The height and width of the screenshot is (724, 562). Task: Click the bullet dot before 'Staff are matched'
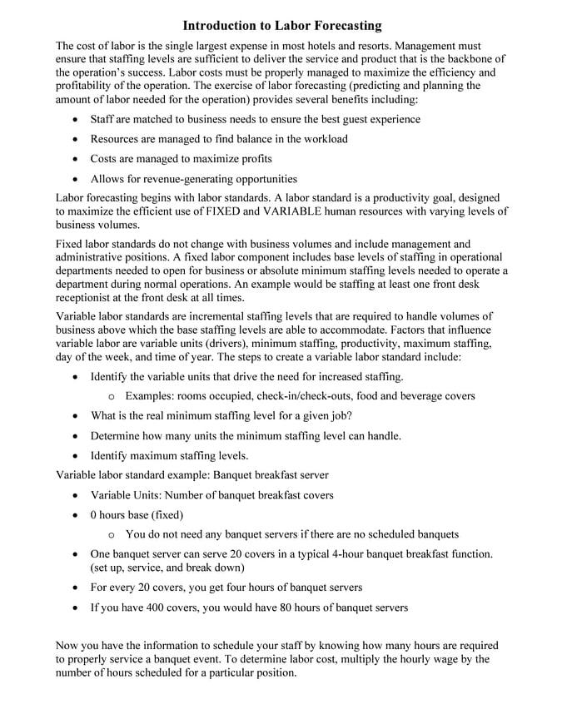click(x=76, y=120)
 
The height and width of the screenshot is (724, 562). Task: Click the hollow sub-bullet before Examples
click(x=112, y=397)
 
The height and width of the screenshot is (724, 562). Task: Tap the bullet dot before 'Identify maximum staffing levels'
click(x=76, y=456)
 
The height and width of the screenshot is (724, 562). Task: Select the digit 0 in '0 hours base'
click(x=94, y=515)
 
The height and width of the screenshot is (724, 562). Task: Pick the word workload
click(x=324, y=139)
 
